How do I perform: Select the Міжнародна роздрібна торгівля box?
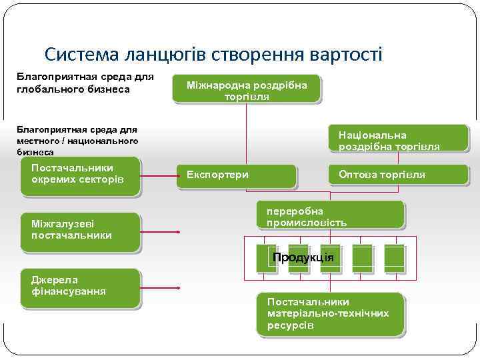[x=247, y=90]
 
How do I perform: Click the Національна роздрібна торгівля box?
[x=398, y=140]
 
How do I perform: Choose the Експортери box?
[x=237, y=175]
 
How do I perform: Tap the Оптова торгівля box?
[x=398, y=175]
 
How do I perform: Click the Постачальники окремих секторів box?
[x=81, y=176]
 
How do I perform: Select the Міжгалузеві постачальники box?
[x=80, y=231]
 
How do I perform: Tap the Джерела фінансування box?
[x=80, y=287]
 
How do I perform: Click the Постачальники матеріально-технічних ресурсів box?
[x=330, y=313]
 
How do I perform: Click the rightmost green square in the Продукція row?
[x=394, y=258]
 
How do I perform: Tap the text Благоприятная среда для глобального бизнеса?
[x=83, y=83]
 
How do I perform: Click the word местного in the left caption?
[x=38, y=141]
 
